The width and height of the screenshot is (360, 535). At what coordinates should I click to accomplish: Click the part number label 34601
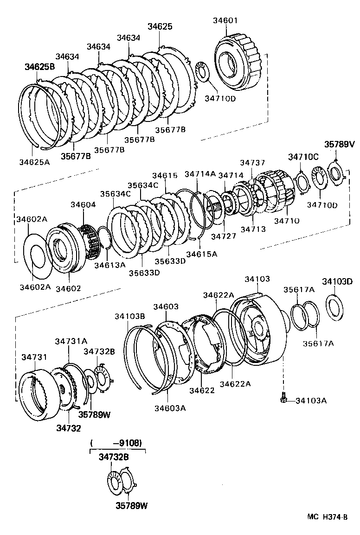tap(226, 20)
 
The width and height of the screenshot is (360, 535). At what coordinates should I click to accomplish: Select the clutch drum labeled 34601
tap(238, 63)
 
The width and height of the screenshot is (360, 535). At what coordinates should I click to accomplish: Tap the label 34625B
tap(39, 67)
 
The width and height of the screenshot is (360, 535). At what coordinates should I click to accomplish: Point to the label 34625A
tap(33, 161)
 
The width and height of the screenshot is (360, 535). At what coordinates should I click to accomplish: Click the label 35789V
tap(339, 144)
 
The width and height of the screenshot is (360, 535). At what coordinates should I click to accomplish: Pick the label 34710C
tap(303, 157)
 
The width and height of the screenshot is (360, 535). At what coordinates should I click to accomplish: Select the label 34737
tap(252, 162)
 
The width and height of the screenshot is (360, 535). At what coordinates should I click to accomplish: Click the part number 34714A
tap(200, 174)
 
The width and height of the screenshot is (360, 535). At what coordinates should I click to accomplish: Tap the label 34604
tap(83, 204)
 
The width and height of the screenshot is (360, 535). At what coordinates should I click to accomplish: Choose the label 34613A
tap(109, 265)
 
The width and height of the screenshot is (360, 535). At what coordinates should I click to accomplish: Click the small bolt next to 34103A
tap(283, 398)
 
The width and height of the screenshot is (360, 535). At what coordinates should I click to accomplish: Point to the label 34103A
tap(311, 400)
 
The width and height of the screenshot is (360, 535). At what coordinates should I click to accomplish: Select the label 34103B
tap(130, 316)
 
